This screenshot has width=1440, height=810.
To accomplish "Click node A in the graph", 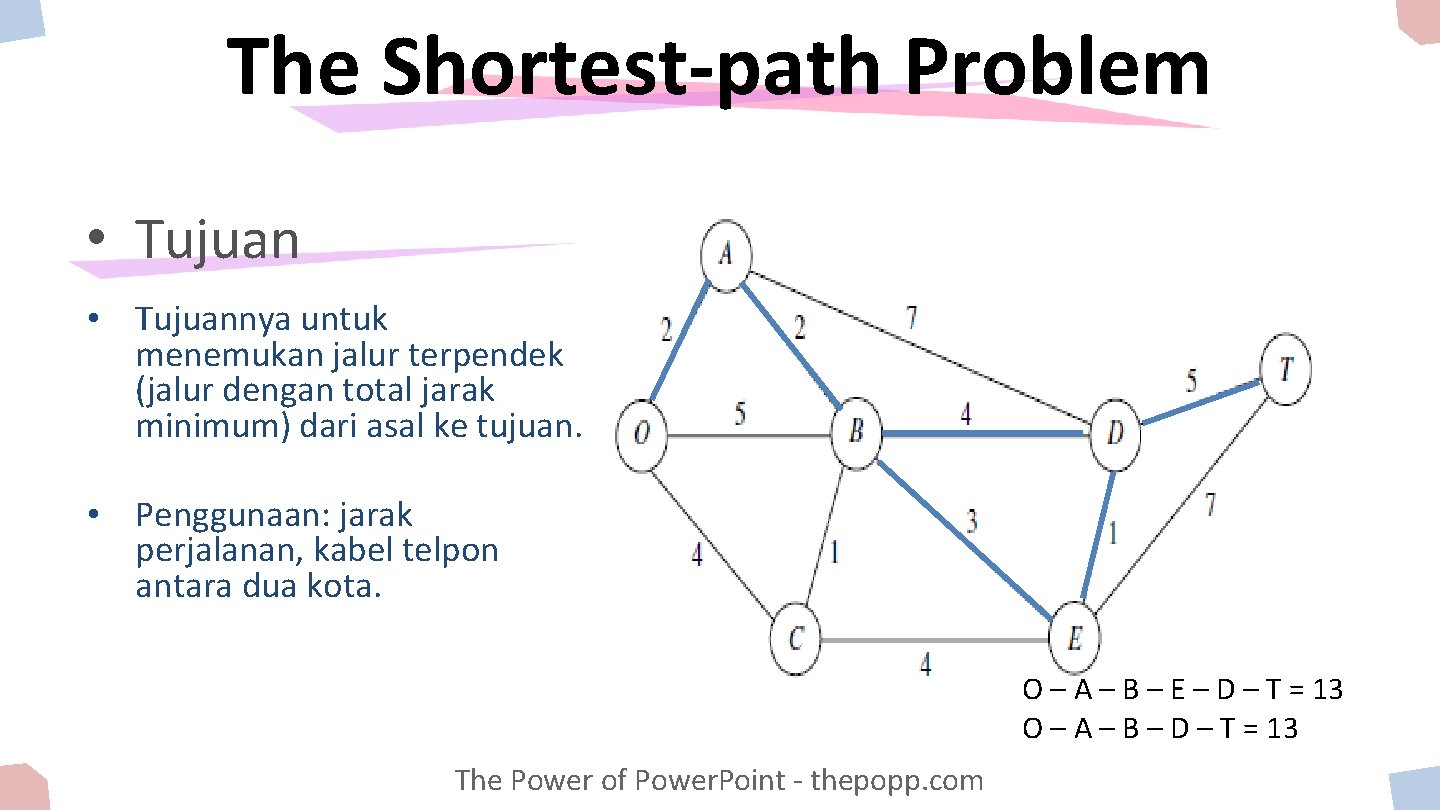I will click(x=726, y=256).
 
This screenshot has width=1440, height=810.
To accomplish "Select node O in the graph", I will click(x=642, y=434).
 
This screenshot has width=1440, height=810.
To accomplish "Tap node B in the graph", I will click(x=857, y=434).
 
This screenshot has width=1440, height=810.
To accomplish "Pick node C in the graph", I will click(x=796, y=638).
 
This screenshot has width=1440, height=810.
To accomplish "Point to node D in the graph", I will click(x=1115, y=434).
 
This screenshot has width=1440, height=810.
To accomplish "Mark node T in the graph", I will click(x=1285, y=370).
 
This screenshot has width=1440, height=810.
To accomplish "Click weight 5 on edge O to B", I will click(x=740, y=413).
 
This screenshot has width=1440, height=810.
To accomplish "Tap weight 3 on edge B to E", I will click(x=971, y=520).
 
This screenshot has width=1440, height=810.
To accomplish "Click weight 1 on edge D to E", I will click(x=1112, y=532).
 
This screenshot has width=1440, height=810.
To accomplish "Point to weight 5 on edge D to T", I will click(x=1191, y=381).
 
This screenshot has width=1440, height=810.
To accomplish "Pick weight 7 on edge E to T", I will click(x=1210, y=504).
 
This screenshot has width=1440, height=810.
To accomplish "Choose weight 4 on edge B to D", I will click(x=965, y=413).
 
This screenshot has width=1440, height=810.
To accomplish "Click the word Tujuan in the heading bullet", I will click(x=218, y=239).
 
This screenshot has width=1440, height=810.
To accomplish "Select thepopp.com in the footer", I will click(x=897, y=780).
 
